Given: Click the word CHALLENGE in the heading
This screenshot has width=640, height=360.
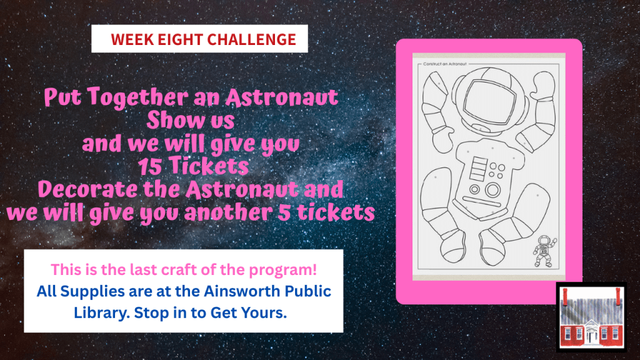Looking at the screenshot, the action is pyautogui.click(x=251, y=39).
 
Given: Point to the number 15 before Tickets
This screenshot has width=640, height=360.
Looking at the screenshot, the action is pyautogui.click(x=151, y=166).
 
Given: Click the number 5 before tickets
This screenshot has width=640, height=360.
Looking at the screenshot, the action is pyautogui.click(x=284, y=213).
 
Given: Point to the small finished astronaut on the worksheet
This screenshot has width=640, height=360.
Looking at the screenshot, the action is pyautogui.click(x=544, y=251).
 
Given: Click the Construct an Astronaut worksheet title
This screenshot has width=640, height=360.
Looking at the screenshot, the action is pyautogui.click(x=444, y=64).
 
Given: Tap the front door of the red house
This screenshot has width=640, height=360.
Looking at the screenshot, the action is pyautogui.click(x=591, y=337).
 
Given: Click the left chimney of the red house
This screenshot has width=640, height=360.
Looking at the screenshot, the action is pyautogui.click(x=565, y=297).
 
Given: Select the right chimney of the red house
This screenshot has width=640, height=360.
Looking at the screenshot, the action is pyautogui.click(x=618, y=297).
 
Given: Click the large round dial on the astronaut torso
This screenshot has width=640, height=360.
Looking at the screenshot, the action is pyautogui.click(x=492, y=190).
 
